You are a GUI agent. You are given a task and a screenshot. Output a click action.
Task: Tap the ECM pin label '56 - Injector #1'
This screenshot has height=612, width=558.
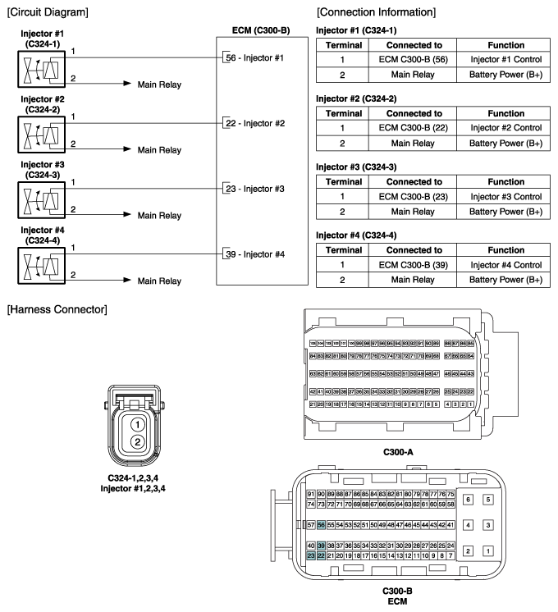click(254, 57)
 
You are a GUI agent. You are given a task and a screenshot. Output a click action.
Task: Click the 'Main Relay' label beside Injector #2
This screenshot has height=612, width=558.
click(158, 150)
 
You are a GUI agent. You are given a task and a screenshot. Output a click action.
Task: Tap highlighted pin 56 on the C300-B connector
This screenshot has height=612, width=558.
click(322, 524)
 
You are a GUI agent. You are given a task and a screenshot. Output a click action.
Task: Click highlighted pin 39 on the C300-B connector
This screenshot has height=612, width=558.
click(322, 546)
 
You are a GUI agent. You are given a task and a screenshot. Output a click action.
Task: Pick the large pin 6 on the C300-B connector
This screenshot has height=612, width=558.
click(468, 499)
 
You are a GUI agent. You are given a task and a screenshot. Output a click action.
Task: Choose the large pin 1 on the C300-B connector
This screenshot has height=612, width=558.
click(488, 551)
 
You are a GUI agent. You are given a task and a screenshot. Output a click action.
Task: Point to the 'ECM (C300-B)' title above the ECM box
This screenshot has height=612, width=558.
click(257, 31)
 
